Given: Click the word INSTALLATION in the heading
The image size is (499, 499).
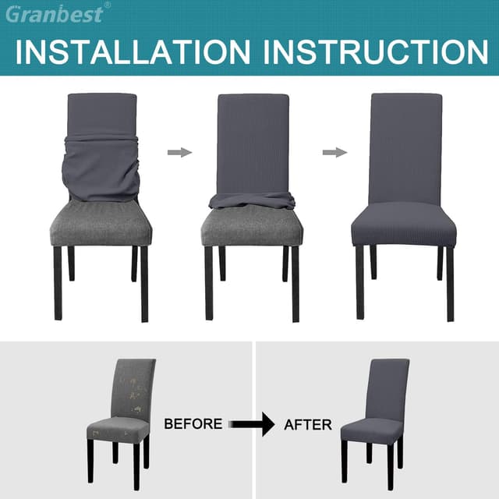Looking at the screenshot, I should [133, 51].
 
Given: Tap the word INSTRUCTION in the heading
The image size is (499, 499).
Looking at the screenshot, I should [376, 51].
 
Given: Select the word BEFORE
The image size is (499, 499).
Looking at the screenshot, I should [193, 424].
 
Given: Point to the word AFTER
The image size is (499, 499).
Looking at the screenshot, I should [308, 425].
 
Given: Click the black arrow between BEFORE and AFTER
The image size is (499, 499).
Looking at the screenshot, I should [251, 424].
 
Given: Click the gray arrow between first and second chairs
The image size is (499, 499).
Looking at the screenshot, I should [179, 152].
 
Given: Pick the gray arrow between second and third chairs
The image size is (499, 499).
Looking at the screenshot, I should [334, 152].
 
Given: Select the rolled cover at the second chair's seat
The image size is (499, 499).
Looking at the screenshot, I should [251, 201].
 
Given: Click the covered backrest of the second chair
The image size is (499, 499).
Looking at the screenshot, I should [253, 140].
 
